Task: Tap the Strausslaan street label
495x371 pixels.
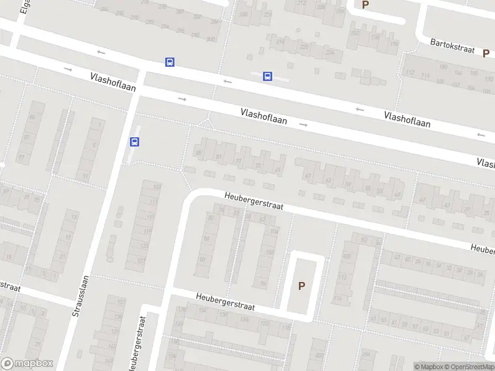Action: [82, 296]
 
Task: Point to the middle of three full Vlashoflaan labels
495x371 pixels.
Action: [264, 116]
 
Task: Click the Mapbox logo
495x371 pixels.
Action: [26, 364]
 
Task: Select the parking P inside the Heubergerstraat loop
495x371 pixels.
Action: [302, 286]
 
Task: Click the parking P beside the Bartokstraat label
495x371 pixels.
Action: [486, 53]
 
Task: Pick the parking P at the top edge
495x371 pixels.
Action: [365, 4]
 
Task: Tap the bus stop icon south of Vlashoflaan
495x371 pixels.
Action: [134, 142]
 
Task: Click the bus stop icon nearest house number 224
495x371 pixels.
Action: [267, 76]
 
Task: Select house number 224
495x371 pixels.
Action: [329, 52]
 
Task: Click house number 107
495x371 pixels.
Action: [156, 186]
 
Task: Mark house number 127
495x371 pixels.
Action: [141, 262]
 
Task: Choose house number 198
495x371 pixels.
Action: [375, 37]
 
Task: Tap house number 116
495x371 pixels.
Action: [338, 299]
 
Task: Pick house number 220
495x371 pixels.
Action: [304, 47]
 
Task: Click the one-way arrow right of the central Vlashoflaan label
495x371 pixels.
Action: [303, 125]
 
